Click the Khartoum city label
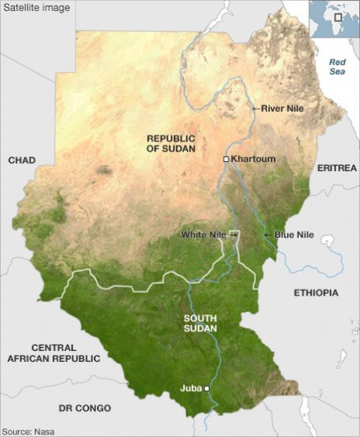point(254,159)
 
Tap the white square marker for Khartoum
point(226,159)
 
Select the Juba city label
point(190,387)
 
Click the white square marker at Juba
point(207,388)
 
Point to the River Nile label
point(283,107)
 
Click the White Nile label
point(203,235)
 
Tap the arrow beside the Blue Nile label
point(268,235)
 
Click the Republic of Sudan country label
point(171,142)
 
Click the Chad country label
point(22,160)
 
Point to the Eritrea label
point(337,168)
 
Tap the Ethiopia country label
point(316,292)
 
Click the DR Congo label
point(85,408)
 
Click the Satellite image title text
point(36,8)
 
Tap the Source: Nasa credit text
point(28,431)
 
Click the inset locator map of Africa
point(333,19)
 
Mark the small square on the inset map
point(338,16)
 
